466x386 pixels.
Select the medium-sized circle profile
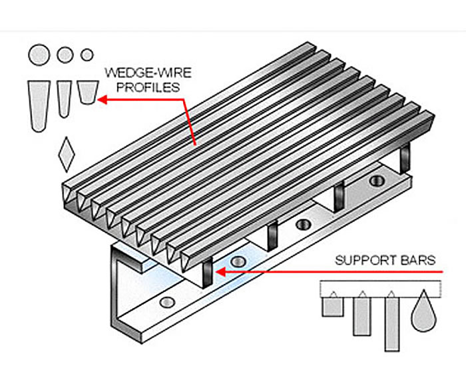coord(65,55)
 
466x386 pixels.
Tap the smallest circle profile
coord(87,55)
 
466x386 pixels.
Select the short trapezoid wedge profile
coord(86,93)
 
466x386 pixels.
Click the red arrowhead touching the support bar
coord(219,272)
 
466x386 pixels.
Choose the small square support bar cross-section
coord(332,306)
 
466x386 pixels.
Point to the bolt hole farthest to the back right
coord(376,181)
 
